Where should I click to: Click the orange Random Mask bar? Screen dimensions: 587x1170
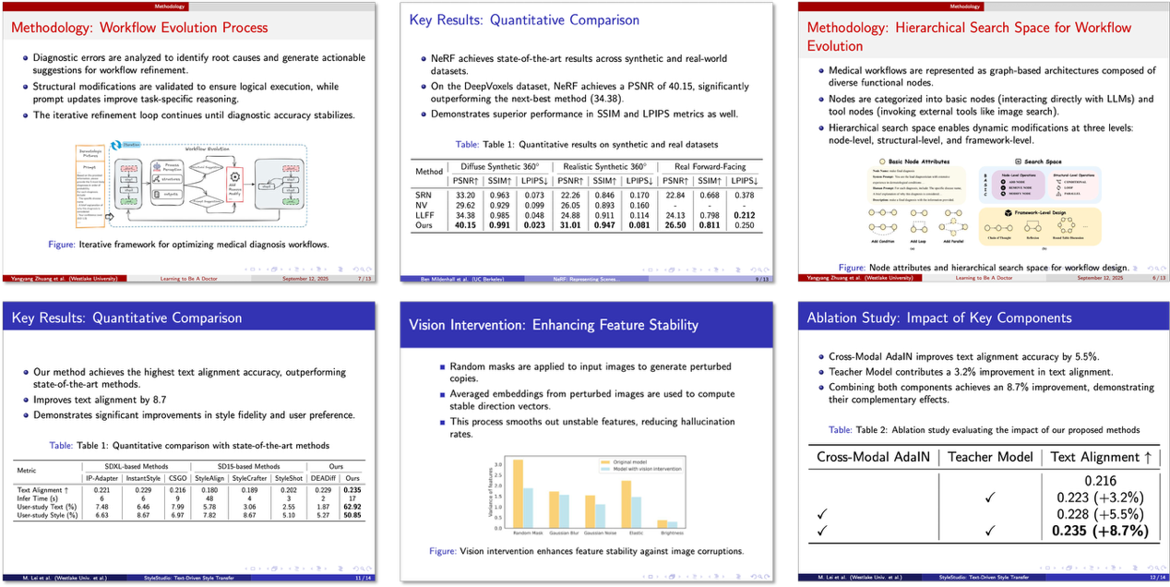(518, 493)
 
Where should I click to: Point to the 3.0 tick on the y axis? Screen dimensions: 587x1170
(499, 464)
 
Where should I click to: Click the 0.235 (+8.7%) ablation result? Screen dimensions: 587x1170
(1095, 531)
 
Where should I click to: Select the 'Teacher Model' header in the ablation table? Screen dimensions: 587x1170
(990, 457)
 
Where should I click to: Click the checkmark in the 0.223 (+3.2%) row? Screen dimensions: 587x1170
(989, 497)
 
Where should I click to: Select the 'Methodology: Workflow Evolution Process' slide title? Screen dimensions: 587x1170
(139, 28)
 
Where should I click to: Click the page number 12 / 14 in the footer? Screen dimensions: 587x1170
(1143, 578)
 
